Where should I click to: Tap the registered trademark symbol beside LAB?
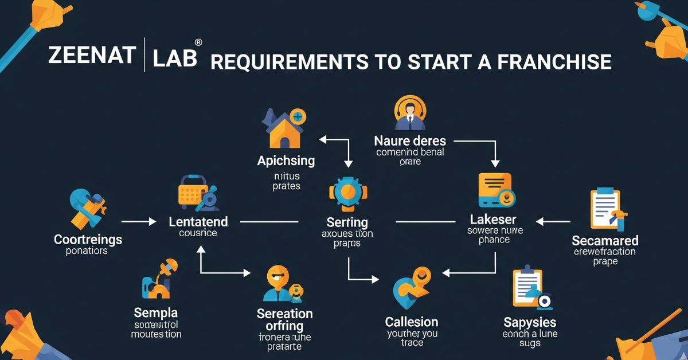198,43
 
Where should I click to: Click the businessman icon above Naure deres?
411,113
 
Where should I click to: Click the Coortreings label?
88,239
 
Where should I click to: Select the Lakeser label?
493,220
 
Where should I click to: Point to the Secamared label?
605,240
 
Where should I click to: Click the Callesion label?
412,322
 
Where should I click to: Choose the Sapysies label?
530,322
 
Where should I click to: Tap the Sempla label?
155,313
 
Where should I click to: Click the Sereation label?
284,314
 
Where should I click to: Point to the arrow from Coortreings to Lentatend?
139,221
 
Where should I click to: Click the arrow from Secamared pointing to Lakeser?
553,221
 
